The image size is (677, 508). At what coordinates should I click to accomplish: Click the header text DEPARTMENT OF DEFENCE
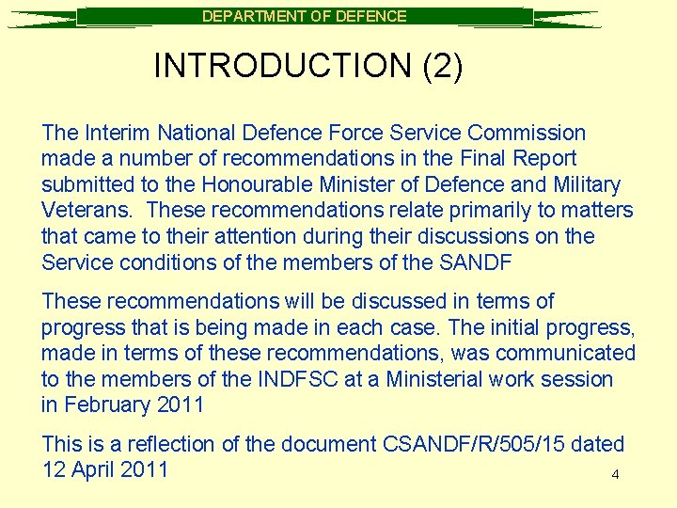point(305,16)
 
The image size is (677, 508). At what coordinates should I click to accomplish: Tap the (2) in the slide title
point(442,66)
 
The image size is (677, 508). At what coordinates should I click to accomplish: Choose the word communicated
point(565,353)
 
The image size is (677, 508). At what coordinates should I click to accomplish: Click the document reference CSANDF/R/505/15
point(473,443)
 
